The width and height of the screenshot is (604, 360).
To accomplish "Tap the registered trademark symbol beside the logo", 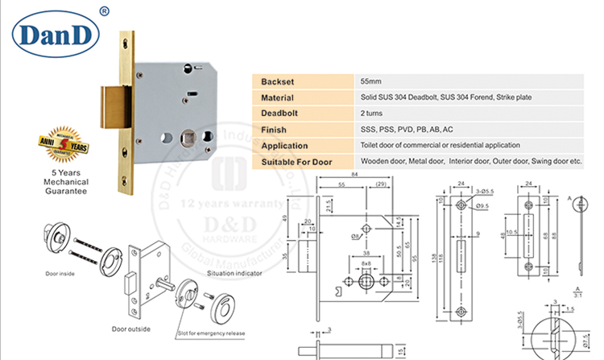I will point(103,10).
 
